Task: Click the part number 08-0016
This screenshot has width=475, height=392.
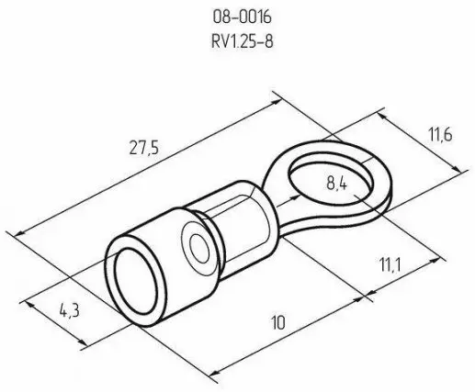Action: click(x=242, y=17)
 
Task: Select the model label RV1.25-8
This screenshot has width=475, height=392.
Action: click(x=242, y=41)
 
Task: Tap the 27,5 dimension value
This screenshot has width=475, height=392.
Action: click(x=144, y=148)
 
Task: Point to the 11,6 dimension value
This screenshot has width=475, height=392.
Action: click(x=440, y=134)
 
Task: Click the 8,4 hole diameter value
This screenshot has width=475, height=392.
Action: click(x=336, y=184)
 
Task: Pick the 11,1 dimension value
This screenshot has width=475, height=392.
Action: click(x=390, y=264)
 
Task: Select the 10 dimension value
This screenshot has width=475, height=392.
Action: click(x=278, y=322)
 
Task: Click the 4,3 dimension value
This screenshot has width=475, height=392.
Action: click(x=70, y=311)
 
